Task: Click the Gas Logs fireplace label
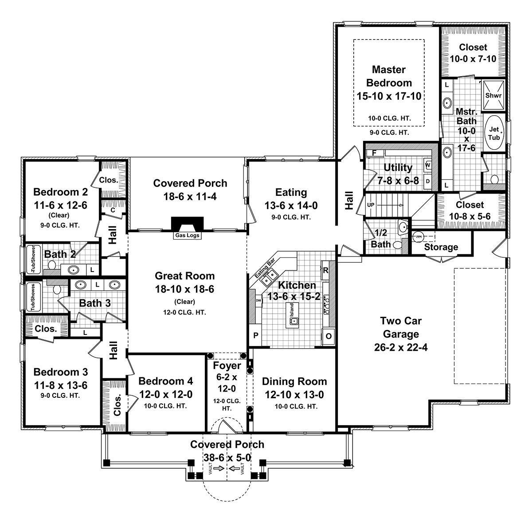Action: pyautogui.click(x=187, y=236)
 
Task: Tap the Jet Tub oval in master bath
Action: pyautogui.click(x=494, y=133)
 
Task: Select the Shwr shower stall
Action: pyautogui.click(x=493, y=95)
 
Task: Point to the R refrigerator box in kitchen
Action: pyautogui.click(x=325, y=270)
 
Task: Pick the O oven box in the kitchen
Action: pyautogui.click(x=329, y=335)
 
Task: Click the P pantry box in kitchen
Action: pyautogui.click(x=256, y=336)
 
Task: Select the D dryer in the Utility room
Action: pyautogui.click(x=428, y=181)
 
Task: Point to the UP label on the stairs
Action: pyautogui.click(x=371, y=206)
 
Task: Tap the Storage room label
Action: pyautogui.click(x=441, y=247)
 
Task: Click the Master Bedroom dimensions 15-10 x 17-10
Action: pyautogui.click(x=389, y=96)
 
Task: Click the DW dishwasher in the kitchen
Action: pyautogui.click(x=258, y=300)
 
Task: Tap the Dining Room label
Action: pyautogui.click(x=294, y=381)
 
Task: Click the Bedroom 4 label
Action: pyautogui.click(x=165, y=381)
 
